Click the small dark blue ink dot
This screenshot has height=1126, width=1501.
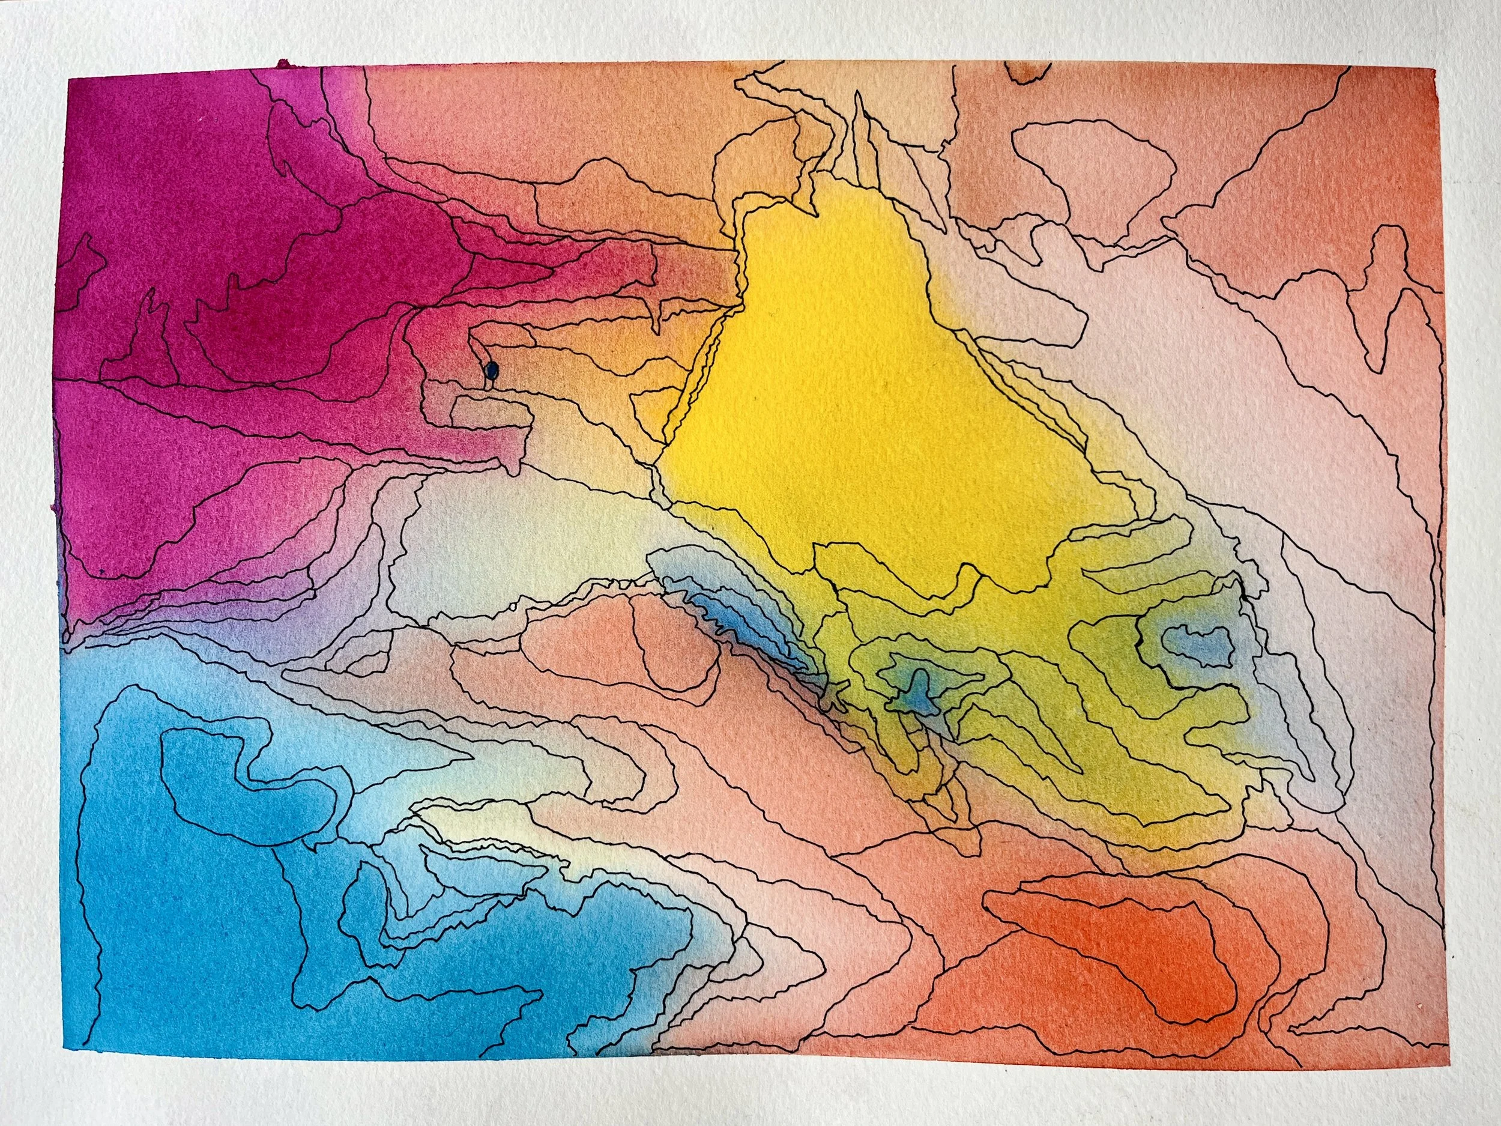coord(492,371)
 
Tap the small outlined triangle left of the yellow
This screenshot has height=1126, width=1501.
coord(655,414)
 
